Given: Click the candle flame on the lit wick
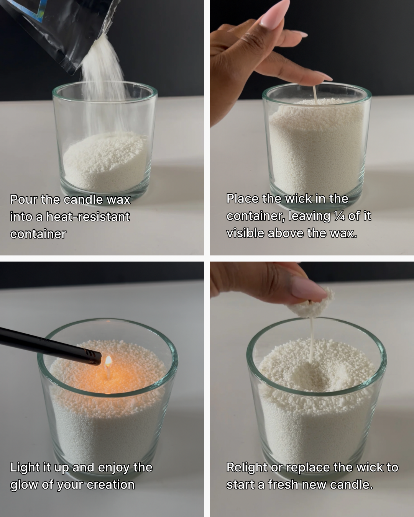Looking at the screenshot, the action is [108, 361].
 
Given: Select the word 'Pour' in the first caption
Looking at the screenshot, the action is [23, 200].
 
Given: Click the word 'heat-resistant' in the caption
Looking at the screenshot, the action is [88, 217].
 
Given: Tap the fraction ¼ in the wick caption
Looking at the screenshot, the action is [339, 216].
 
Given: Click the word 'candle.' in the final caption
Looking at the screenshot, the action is [351, 484].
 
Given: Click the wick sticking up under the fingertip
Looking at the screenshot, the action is [315, 94].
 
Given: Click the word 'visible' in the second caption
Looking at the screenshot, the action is [245, 233].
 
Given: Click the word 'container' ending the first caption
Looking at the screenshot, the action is [38, 234].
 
